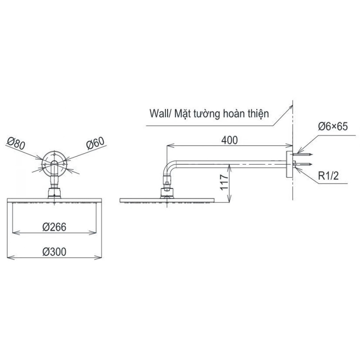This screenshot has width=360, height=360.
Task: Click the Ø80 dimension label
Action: [x=15, y=144]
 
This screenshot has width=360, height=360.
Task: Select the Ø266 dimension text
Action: [x=54, y=227]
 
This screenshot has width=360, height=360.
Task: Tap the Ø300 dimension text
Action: [x=54, y=252]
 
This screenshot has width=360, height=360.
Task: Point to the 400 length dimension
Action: [x=229, y=140]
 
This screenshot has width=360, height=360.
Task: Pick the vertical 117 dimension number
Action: [x=224, y=182]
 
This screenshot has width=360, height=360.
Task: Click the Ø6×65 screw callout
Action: [x=333, y=126]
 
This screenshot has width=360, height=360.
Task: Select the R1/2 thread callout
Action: [x=329, y=176]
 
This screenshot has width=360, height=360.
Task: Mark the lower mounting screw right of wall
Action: [x=303, y=164]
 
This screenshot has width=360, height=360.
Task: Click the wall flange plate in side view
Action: [x=289, y=164]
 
